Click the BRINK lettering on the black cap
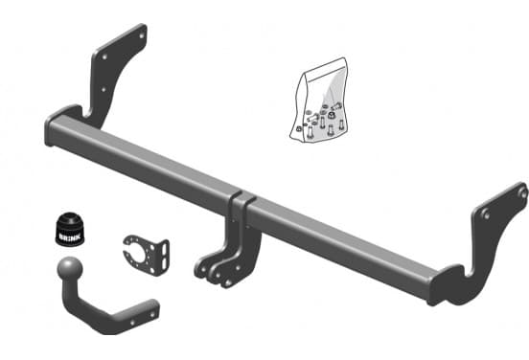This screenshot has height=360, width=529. coord(70,236)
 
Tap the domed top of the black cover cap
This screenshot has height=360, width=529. coord(71,219)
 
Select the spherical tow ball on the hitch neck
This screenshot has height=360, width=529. coord(70,268)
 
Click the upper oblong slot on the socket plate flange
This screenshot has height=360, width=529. coord(164,248)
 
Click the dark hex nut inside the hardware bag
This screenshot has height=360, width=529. coord(332,115)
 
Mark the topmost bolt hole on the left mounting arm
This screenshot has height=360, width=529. coord(142,35)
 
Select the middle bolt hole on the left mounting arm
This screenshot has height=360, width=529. coord(104,56)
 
